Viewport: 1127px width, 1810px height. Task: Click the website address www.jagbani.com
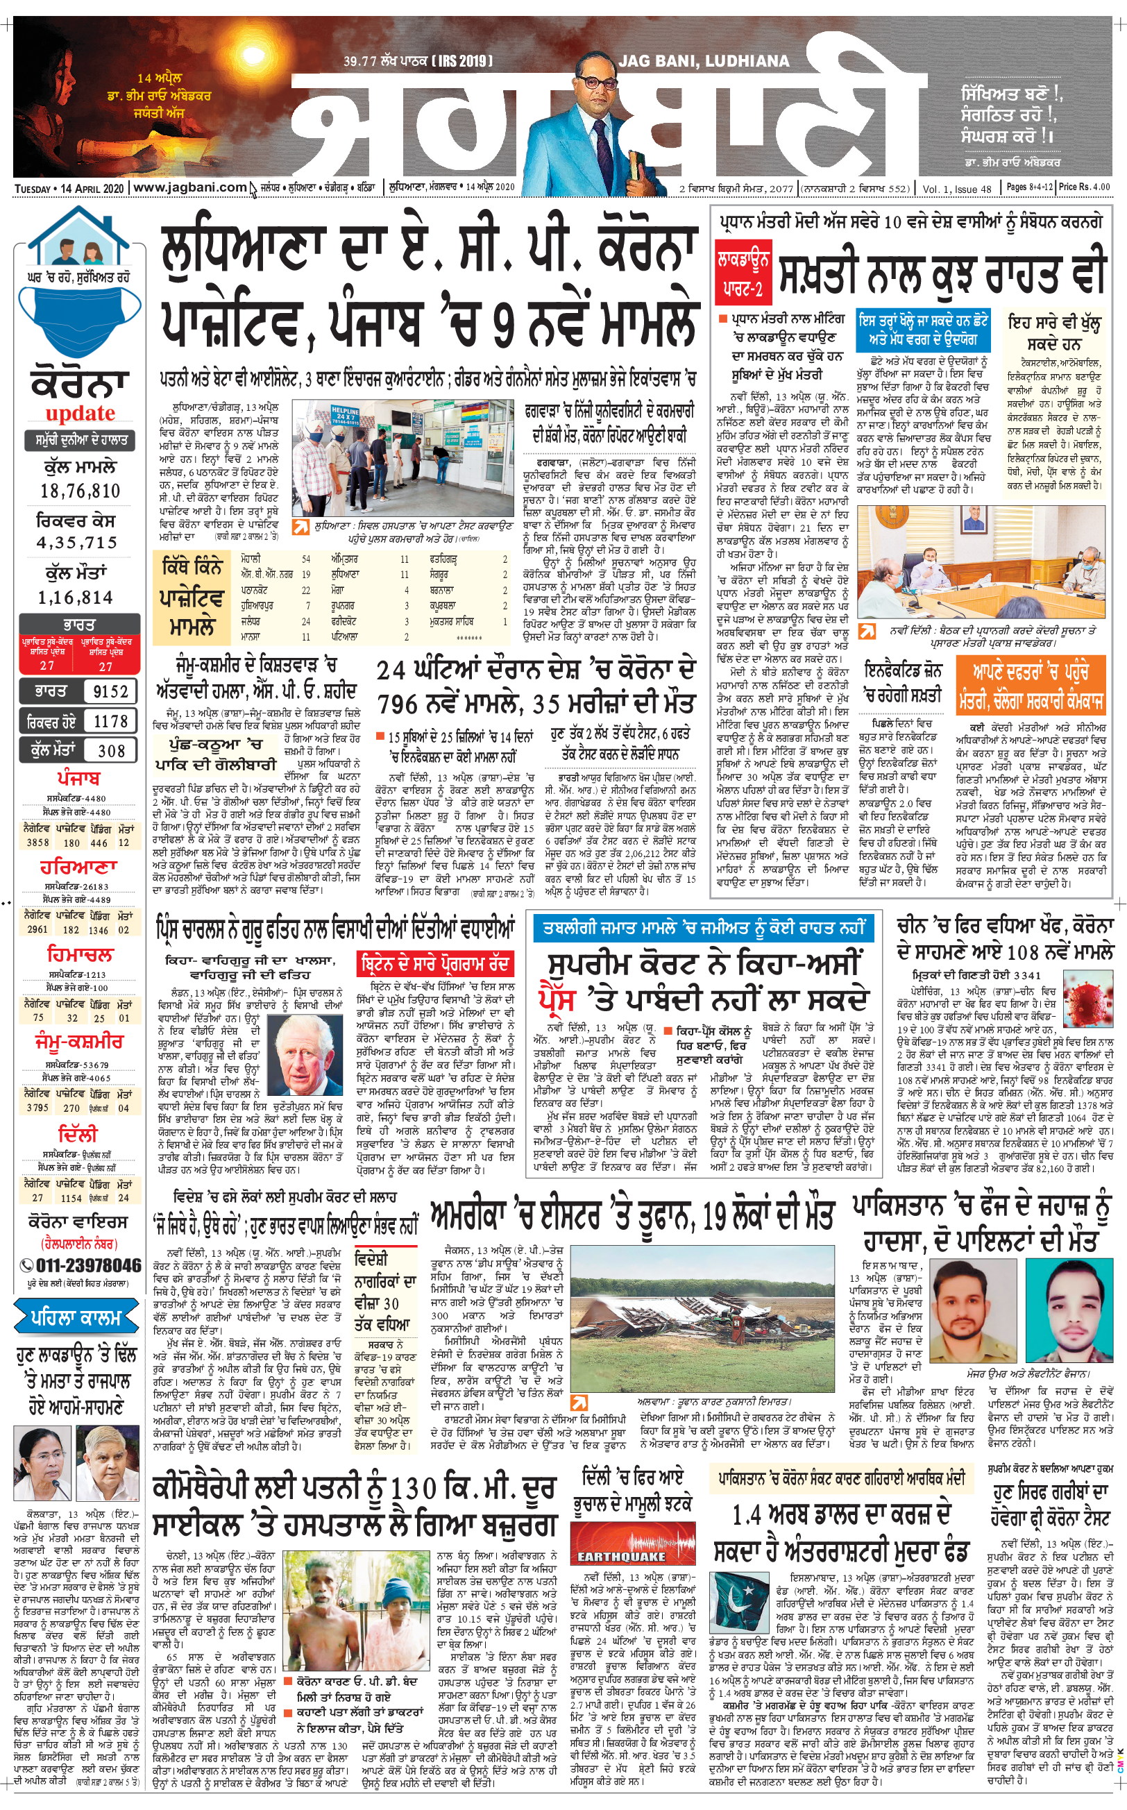[190, 188]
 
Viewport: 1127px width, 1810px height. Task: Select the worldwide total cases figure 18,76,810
[80, 491]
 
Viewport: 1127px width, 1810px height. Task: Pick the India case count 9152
[110, 692]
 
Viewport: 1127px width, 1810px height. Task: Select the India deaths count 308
[110, 751]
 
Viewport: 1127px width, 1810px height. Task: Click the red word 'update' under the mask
[80, 414]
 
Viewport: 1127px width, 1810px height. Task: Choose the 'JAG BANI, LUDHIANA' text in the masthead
[704, 61]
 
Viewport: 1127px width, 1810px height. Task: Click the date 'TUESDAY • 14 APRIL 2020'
[69, 189]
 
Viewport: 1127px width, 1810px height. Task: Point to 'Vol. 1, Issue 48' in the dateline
[956, 189]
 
